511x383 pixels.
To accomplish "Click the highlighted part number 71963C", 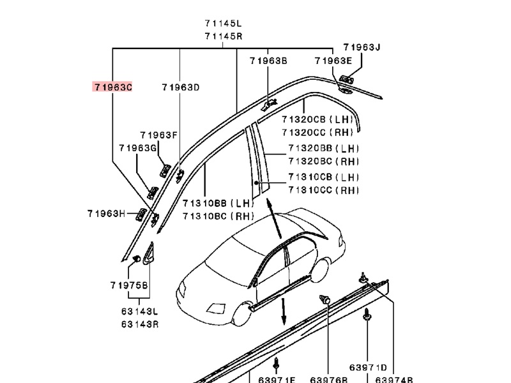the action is pyautogui.click(x=113, y=87).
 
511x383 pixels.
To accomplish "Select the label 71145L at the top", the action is pyautogui.click(x=223, y=24).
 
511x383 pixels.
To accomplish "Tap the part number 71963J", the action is pyautogui.click(x=362, y=47).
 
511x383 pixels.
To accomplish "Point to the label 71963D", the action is pyautogui.click(x=181, y=87).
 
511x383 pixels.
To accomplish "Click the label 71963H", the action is pyautogui.click(x=106, y=214).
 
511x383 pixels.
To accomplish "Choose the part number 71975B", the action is pyautogui.click(x=129, y=285).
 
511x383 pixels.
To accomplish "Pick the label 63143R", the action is pyautogui.click(x=140, y=324).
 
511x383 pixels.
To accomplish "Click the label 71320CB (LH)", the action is pyautogui.click(x=317, y=119).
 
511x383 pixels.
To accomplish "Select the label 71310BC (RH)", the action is pyautogui.click(x=218, y=216).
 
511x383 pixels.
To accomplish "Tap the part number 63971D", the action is pyautogui.click(x=368, y=368).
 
